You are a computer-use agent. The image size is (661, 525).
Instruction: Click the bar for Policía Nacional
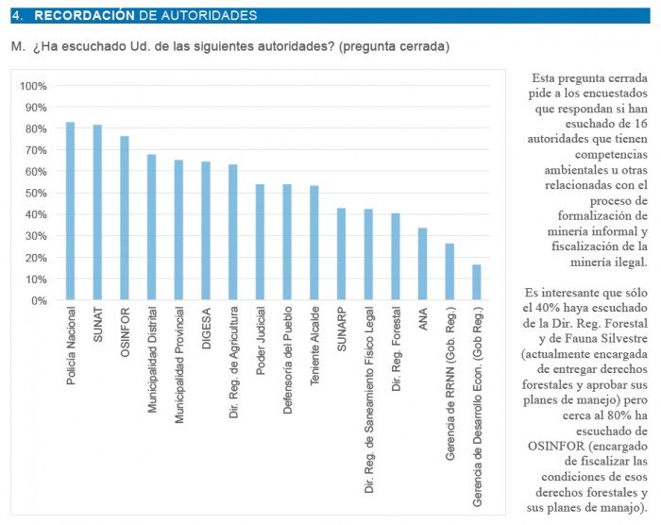(x=70, y=212)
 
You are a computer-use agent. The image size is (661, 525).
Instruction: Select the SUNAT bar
(x=97, y=212)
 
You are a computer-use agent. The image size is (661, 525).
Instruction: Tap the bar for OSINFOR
(x=125, y=218)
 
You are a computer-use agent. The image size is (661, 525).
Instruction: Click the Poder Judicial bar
(x=260, y=243)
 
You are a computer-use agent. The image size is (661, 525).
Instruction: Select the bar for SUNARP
(x=341, y=254)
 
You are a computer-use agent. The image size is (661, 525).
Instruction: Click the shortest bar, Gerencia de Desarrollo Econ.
(x=477, y=282)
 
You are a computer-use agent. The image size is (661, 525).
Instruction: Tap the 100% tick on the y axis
(x=33, y=86)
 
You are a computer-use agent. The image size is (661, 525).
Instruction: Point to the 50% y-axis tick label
(x=35, y=194)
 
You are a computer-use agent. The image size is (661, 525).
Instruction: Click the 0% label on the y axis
(x=39, y=301)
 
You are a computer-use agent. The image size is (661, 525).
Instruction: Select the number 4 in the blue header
(x=16, y=16)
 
